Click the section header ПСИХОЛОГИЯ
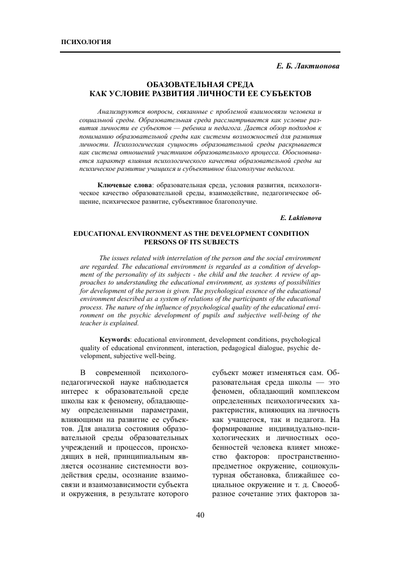(x=85, y=43)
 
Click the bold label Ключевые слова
(x=125, y=185)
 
